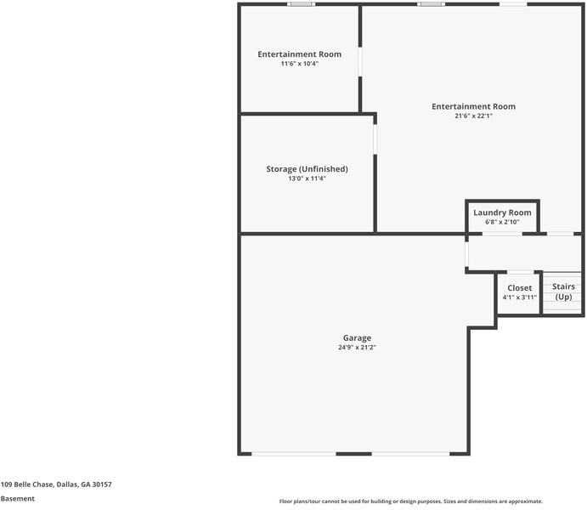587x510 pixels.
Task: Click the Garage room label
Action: point(357,338)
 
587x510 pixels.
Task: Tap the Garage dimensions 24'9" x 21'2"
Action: point(357,348)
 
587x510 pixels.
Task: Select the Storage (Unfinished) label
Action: point(307,169)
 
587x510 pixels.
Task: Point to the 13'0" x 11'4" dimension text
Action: point(307,178)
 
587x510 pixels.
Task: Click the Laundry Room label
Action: point(502,212)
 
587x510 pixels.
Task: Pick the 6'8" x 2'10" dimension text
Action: point(502,222)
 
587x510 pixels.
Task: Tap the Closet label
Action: point(520,288)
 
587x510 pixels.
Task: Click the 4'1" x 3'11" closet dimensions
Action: point(520,297)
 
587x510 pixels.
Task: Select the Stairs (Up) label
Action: point(563,292)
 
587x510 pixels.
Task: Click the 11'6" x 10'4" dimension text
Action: point(300,64)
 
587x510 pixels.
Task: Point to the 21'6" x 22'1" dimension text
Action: point(473,116)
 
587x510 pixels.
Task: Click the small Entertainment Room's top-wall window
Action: point(301,4)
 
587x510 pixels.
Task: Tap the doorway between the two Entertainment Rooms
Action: point(360,62)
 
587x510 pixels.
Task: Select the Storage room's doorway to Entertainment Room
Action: point(375,139)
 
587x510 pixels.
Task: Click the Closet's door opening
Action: point(521,272)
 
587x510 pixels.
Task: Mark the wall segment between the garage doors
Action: point(353,454)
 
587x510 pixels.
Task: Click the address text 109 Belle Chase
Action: point(27,484)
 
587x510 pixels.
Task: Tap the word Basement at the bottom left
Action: point(18,499)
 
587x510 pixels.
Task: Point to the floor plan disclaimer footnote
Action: point(411,501)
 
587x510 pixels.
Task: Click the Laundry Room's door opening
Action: point(502,234)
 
